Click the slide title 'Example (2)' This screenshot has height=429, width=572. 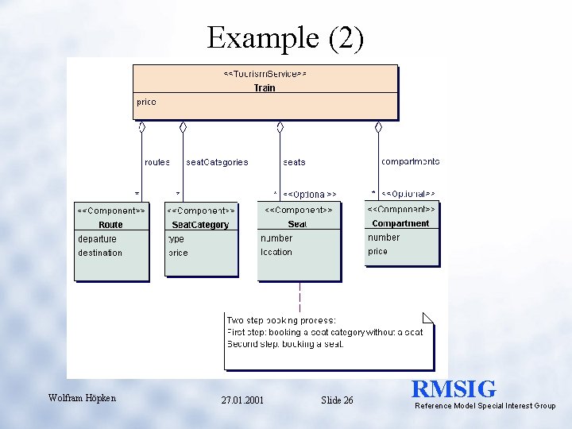[x=285, y=37]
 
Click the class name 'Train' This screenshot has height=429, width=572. [x=265, y=87]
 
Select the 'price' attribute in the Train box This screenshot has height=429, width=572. [x=146, y=102]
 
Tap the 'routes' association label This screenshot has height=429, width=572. [x=157, y=162]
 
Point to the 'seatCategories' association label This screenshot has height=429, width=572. [x=217, y=162]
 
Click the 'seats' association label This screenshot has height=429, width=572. [x=294, y=162]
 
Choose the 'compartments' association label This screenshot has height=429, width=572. [x=410, y=161]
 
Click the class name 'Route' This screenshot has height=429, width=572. [x=111, y=225]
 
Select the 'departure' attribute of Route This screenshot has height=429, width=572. [x=97, y=238]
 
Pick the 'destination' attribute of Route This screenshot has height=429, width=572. [x=100, y=253]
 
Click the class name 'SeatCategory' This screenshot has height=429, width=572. [x=200, y=225]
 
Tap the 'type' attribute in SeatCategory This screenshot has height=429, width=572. [x=176, y=238]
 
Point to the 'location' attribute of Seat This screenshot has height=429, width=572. [x=276, y=252]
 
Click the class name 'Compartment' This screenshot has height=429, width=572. [x=400, y=223]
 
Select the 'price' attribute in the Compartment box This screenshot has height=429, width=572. [x=378, y=251]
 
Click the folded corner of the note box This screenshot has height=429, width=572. [x=429, y=318]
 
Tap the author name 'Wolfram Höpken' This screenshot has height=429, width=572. [x=82, y=398]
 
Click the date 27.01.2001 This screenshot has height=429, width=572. [x=242, y=400]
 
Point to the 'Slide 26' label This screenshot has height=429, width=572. [x=337, y=400]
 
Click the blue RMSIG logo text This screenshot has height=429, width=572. [x=454, y=389]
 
